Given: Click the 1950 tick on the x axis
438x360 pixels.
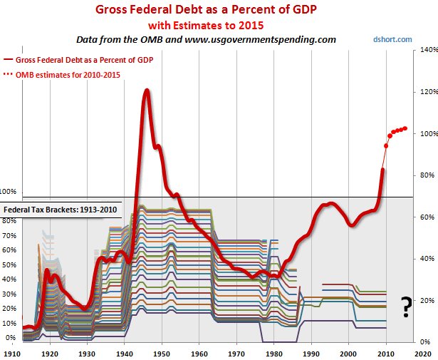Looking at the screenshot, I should (x=162, y=353).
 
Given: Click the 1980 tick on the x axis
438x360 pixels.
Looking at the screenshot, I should (x=273, y=353).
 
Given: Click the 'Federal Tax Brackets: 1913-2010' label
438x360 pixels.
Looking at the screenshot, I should (x=62, y=210).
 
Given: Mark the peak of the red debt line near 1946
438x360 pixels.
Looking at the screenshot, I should (x=146, y=91).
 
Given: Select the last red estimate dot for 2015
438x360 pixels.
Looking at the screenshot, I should (x=405, y=128).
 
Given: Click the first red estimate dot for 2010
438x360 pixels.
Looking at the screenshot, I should (x=386, y=145).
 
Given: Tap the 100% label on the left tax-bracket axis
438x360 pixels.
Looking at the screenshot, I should (x=9, y=192).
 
